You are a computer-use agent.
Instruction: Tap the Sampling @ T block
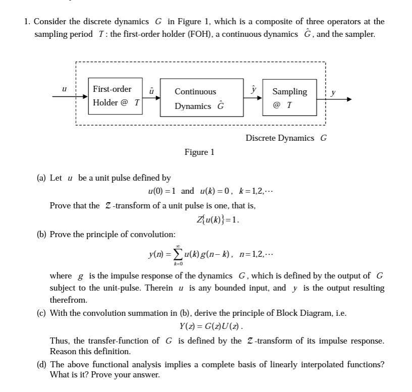pos(289,98)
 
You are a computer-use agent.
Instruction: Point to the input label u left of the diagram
pos(65,89)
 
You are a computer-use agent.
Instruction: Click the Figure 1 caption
pos(199,152)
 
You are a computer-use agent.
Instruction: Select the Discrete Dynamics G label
pos(286,138)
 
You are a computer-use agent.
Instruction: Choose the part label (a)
pos(42,178)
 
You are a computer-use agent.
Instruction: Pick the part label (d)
pos(42,364)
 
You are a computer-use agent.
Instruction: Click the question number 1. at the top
pos(27,22)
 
